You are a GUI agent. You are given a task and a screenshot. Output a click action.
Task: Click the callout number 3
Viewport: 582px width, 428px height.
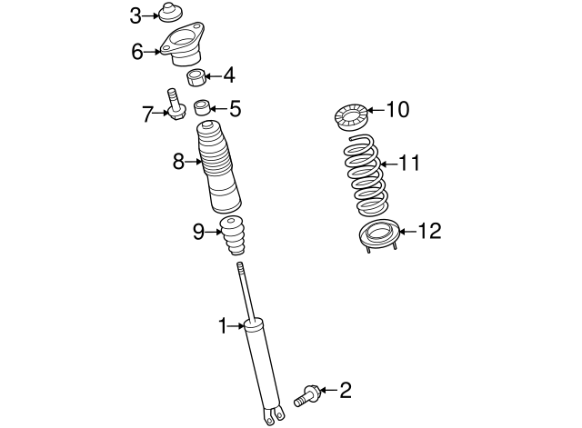click(x=135, y=15)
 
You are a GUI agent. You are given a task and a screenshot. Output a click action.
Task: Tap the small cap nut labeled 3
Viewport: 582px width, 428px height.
click(x=166, y=13)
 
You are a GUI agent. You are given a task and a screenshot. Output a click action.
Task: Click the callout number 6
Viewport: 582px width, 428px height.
click(x=136, y=51)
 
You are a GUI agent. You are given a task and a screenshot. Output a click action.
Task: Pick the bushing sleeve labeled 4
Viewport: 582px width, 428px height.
click(x=197, y=76)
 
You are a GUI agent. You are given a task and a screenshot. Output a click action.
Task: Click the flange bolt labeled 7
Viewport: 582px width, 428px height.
click(x=175, y=105)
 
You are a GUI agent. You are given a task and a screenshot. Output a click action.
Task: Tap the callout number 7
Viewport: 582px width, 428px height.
click(x=146, y=114)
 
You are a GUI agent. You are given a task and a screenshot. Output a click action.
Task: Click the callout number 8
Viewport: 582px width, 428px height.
click(x=179, y=162)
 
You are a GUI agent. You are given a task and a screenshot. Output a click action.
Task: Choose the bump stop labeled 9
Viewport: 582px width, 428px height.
click(x=234, y=237)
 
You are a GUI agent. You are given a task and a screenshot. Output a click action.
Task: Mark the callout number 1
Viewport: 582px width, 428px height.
click(x=222, y=324)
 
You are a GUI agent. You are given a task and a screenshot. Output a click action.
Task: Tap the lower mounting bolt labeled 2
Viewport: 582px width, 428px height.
click(x=306, y=396)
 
